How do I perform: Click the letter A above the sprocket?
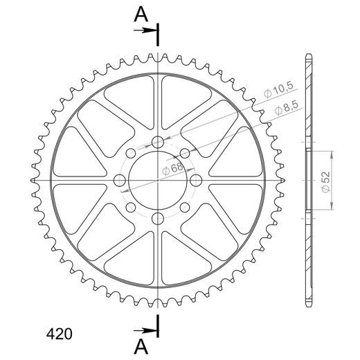141,15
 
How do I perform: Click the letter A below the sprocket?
141,347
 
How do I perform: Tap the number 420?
60,334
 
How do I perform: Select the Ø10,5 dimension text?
279,89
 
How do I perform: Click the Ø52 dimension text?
325,182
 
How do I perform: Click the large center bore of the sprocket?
158,180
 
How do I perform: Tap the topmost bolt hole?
158,142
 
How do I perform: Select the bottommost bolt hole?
158,219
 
